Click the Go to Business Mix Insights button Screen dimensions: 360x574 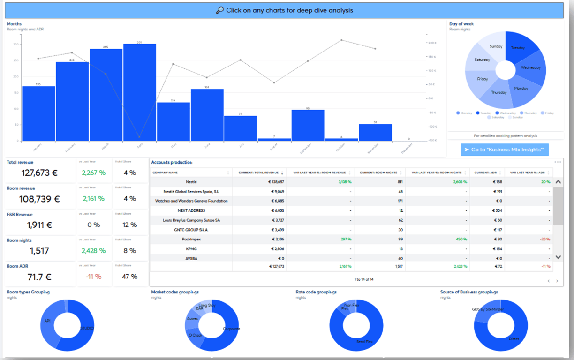(x=505, y=150)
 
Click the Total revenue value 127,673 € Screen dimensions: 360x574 (x=39, y=173)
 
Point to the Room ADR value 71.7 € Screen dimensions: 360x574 (x=39, y=277)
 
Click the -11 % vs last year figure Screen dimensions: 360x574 (x=93, y=277)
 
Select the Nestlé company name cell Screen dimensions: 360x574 (x=191, y=181)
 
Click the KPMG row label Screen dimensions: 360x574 (x=191, y=249)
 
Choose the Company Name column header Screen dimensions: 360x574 (x=165, y=172)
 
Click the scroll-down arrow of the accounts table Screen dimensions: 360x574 (x=558, y=257)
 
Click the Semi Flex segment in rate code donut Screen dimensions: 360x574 (x=364, y=342)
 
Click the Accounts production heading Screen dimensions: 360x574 (x=172, y=163)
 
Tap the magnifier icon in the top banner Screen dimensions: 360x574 (x=219, y=10)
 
